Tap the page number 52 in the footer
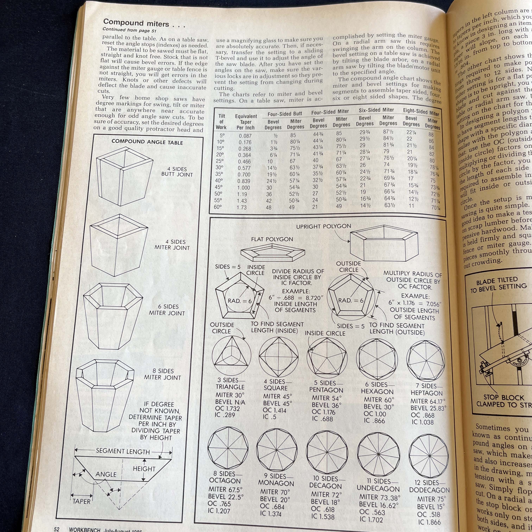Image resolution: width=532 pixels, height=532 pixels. click(x=57, y=529)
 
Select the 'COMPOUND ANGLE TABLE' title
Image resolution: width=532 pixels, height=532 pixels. click(x=147, y=142)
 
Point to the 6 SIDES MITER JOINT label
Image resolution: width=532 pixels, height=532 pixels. click(x=167, y=310)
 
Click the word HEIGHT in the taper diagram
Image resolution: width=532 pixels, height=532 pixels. click(x=144, y=469)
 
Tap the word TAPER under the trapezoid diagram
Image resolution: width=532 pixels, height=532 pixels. click(x=81, y=501)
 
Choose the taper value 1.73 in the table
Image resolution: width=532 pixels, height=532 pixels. click(x=242, y=207)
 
